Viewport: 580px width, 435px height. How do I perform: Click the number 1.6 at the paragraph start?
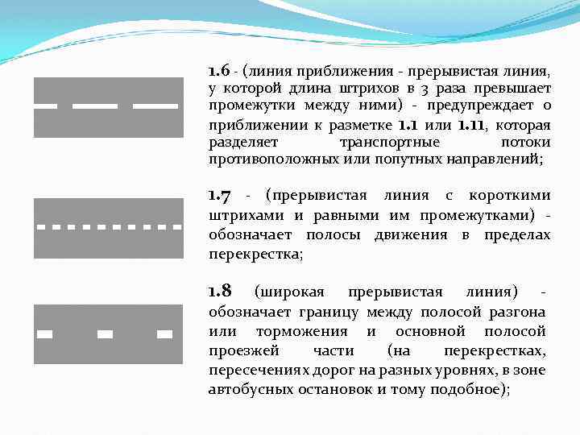pos(219,69)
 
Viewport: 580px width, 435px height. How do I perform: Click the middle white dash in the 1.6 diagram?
pos(100,106)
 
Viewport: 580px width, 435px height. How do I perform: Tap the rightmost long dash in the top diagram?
pos(155,106)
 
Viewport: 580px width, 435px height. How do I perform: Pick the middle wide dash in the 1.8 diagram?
pos(105,333)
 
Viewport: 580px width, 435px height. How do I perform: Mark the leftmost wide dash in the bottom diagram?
pos(45,333)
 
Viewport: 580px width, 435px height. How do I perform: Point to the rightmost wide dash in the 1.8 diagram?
pos(164,333)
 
